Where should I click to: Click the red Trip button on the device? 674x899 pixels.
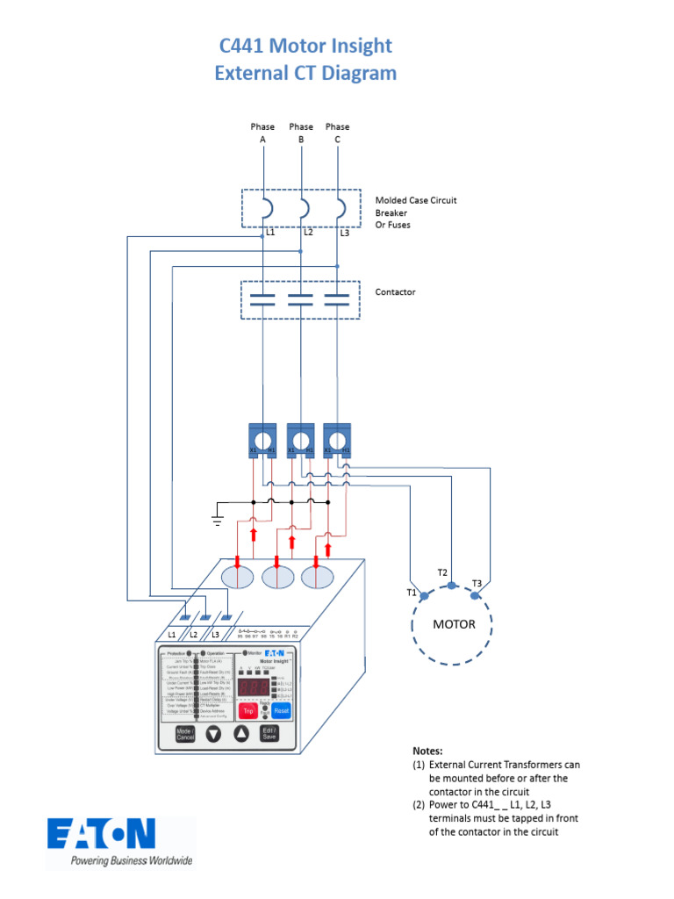tap(249, 711)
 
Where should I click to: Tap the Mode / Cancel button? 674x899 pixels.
tap(184, 734)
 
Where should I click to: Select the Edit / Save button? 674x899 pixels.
tap(270, 734)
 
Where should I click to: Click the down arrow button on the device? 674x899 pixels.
tap(213, 735)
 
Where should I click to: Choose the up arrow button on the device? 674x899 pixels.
tap(241, 735)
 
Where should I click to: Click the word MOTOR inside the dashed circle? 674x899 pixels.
tap(454, 625)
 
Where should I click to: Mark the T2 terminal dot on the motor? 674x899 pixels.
tap(451, 586)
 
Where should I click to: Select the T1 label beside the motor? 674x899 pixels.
tap(411, 593)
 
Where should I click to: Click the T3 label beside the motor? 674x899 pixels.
tap(477, 583)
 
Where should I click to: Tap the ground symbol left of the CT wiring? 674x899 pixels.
tap(217, 521)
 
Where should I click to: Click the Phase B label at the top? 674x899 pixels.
tap(301, 133)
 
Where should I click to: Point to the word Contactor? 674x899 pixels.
tap(395, 291)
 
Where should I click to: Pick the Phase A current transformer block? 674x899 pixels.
tap(262, 439)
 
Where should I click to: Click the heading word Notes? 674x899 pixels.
tap(427, 752)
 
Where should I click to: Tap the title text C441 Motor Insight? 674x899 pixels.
tap(305, 46)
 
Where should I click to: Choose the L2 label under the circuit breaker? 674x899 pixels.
tap(308, 233)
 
